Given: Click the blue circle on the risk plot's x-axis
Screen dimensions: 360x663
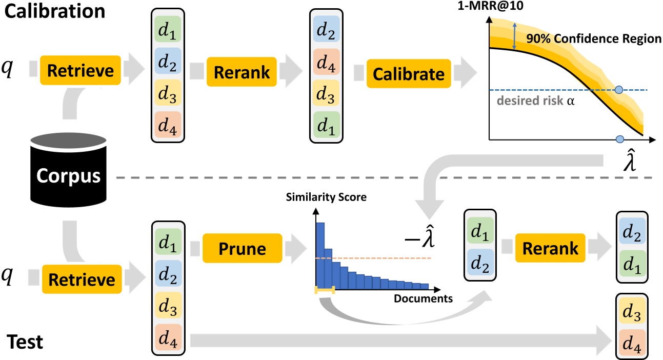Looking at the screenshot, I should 619,139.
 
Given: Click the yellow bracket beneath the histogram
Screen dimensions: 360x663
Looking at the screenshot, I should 325,290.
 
